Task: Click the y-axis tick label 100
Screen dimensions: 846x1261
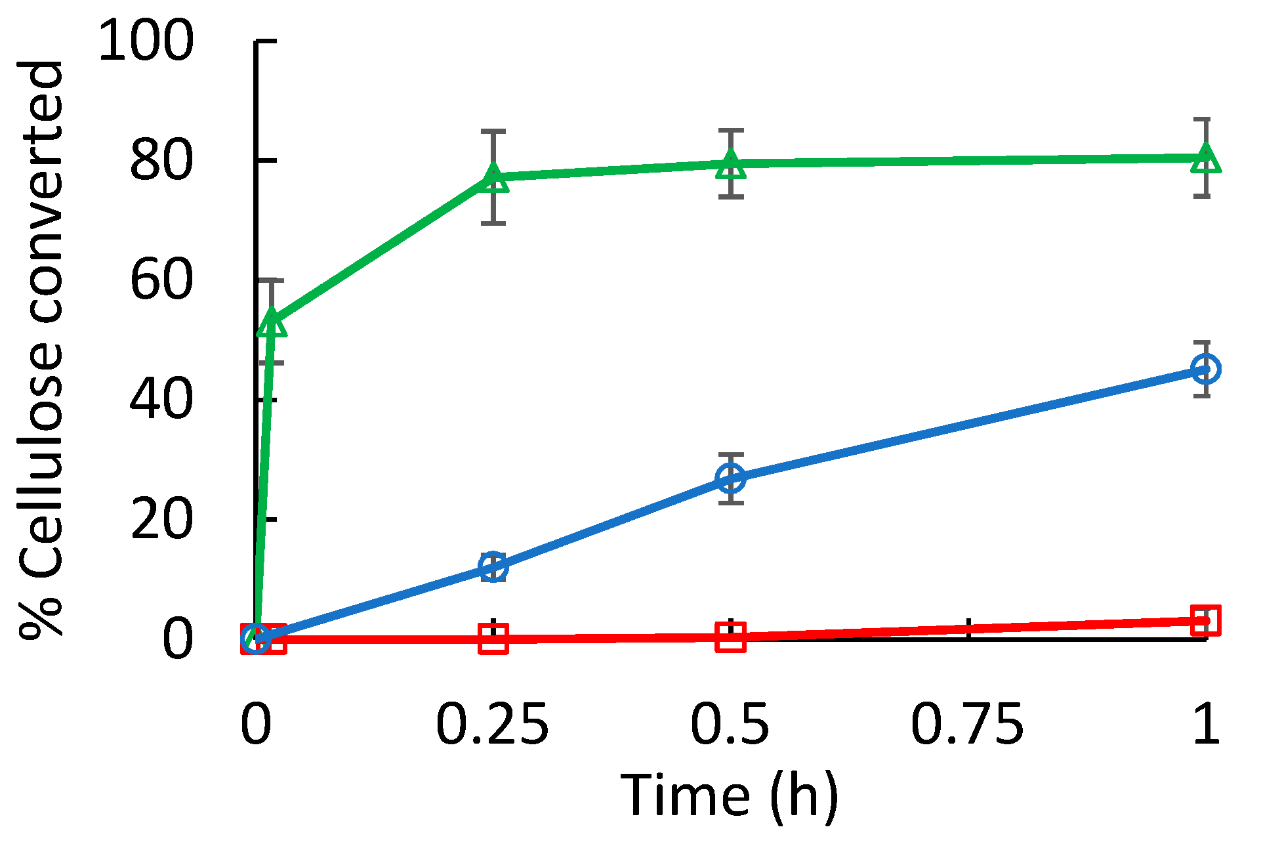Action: (x=146, y=41)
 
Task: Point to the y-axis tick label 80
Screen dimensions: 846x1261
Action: (x=161, y=161)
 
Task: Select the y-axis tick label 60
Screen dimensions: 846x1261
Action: (x=161, y=280)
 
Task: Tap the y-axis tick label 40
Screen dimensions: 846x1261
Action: (x=161, y=400)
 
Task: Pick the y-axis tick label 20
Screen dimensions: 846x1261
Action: (x=161, y=519)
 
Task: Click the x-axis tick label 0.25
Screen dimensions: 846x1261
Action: (x=492, y=725)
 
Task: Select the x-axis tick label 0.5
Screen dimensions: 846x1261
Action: (x=730, y=725)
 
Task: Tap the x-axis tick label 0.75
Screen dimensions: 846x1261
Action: (x=967, y=725)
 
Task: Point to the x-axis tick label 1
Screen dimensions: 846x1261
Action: (x=1206, y=725)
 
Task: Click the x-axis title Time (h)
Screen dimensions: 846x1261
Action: (x=730, y=795)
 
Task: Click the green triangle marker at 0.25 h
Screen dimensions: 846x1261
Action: (x=493, y=177)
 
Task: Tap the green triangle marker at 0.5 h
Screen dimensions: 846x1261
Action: (x=731, y=164)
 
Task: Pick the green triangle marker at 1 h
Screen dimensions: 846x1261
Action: (x=1206, y=158)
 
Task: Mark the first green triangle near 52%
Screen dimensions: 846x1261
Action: (x=272, y=322)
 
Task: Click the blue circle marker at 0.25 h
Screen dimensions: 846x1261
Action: (x=493, y=566)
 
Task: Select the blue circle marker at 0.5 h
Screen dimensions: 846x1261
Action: (x=731, y=478)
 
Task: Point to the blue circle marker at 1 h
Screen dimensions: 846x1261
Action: (x=1206, y=369)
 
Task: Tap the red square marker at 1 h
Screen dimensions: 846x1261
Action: (x=1206, y=620)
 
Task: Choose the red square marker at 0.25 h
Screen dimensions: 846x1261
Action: (x=493, y=639)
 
